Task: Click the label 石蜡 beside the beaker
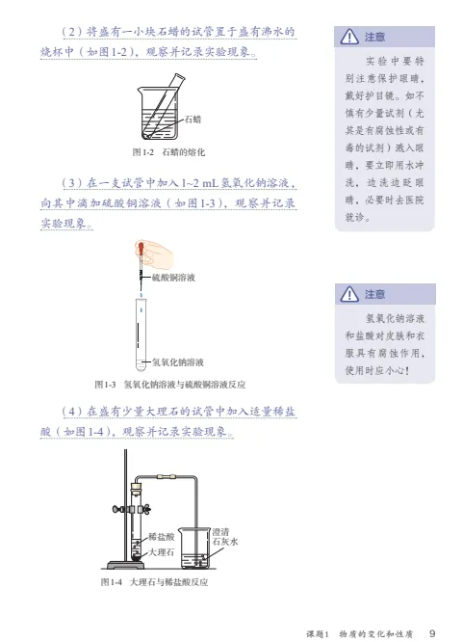[x=193, y=120]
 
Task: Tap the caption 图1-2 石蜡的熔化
[x=168, y=152]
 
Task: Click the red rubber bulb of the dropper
[x=141, y=247]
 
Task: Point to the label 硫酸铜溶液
[x=173, y=278]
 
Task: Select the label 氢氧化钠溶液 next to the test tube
[x=178, y=361]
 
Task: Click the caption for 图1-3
[x=170, y=385]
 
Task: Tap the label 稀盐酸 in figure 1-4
[x=161, y=536]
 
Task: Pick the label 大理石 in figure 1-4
[x=161, y=552]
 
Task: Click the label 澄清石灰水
[x=225, y=537]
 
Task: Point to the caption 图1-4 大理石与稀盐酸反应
[x=154, y=582]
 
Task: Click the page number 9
[x=432, y=633]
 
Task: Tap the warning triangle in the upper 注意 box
[x=349, y=37]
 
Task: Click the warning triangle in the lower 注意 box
[x=349, y=294]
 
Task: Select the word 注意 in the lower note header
[x=374, y=294]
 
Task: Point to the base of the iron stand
[x=125, y=565]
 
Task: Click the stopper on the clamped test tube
[x=136, y=487]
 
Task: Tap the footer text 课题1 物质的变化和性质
[x=359, y=634]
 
